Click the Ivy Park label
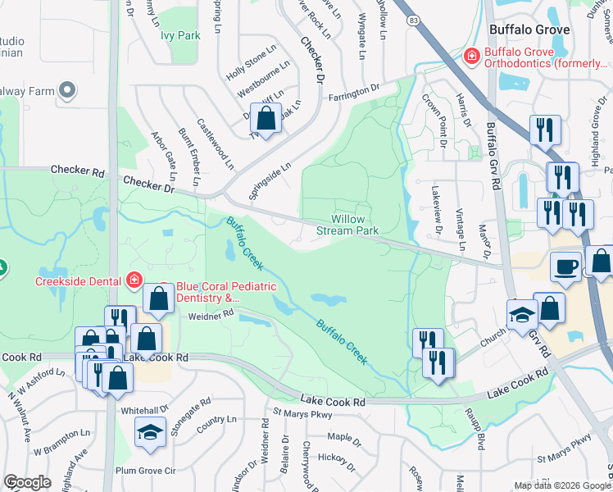(x=180, y=35)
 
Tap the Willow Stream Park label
(x=354, y=225)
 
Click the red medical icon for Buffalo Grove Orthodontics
(x=471, y=57)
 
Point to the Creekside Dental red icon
(x=134, y=280)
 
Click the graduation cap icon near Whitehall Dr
(x=151, y=431)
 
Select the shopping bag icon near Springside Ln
(x=266, y=119)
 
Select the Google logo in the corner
(x=27, y=482)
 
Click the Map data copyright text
(x=562, y=485)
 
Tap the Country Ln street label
(x=216, y=420)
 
